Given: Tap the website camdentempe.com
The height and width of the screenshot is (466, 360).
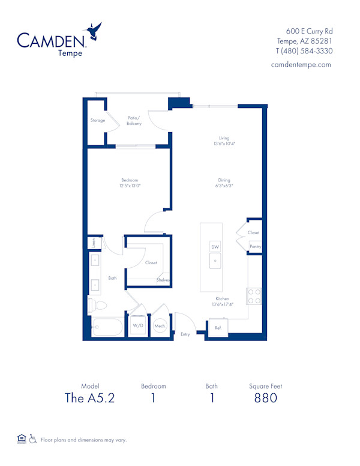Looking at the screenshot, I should pyautogui.click(x=301, y=64).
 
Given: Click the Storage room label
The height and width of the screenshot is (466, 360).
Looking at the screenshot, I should pyautogui.click(x=98, y=121).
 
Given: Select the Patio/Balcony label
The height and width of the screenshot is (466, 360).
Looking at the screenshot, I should pyautogui.click(x=134, y=121).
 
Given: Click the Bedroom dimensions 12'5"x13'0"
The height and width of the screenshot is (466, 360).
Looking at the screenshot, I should pyautogui.click(x=130, y=186).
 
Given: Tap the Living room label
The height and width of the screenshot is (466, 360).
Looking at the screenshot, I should pyautogui.click(x=224, y=138).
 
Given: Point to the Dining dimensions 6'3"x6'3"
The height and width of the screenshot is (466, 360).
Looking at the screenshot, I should pyautogui.click(x=224, y=186).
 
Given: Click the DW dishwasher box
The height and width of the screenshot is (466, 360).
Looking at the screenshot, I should pyautogui.click(x=215, y=247).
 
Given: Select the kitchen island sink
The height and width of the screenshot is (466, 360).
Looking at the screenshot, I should pyautogui.click(x=215, y=261).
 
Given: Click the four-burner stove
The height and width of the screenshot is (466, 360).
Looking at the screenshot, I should pyautogui.click(x=254, y=296).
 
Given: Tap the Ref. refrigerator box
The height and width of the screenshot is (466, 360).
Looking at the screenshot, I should pyautogui.click(x=218, y=327).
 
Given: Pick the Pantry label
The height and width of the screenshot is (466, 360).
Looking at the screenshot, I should pyautogui.click(x=255, y=247).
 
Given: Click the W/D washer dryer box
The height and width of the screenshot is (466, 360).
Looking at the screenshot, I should pyautogui.click(x=138, y=326).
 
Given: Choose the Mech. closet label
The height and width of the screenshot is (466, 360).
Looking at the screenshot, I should pyautogui.click(x=160, y=326).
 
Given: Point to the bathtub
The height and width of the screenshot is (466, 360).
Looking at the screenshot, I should pyautogui.click(x=107, y=328).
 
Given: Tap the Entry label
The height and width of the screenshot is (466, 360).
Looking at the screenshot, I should pyautogui.click(x=185, y=334).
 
